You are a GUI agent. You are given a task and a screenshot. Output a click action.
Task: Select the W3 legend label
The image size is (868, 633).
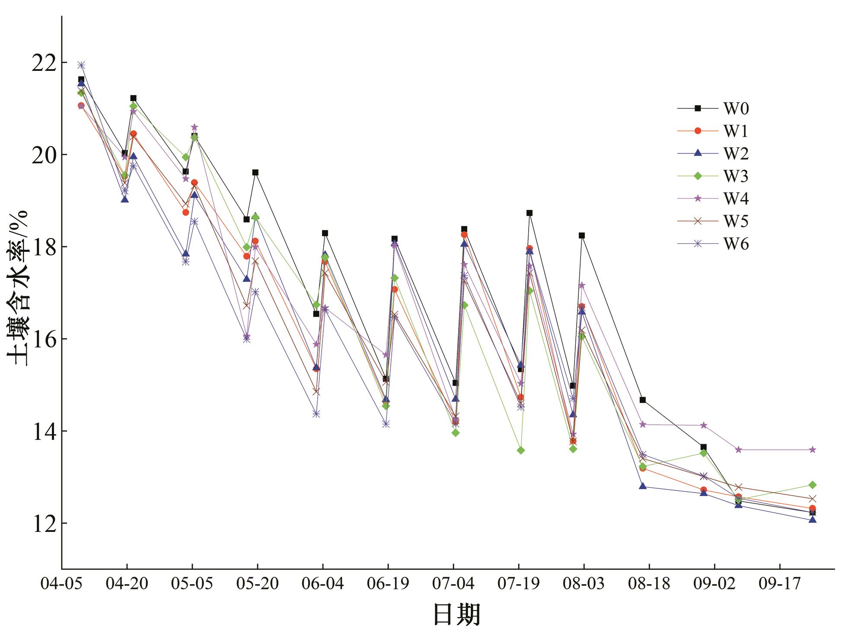tap(736, 176)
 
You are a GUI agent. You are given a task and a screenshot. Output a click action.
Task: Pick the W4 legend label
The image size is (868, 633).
tap(736, 199)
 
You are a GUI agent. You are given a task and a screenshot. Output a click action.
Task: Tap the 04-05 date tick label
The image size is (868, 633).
tap(61, 584)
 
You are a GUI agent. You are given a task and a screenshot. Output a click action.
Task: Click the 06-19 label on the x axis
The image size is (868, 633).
tap(388, 584)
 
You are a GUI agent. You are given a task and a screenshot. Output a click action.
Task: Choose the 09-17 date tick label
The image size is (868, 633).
tap(779, 584)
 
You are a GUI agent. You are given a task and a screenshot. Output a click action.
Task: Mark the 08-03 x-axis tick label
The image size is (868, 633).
tap(584, 584)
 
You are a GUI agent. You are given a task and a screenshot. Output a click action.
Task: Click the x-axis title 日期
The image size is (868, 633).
tap(456, 614)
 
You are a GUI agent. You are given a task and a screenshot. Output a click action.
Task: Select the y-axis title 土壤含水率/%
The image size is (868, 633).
tap(18, 288)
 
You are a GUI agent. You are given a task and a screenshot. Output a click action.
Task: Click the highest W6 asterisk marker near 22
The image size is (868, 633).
tap(81, 65)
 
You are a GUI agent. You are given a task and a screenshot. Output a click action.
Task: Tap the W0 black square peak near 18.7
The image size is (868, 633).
tap(529, 213)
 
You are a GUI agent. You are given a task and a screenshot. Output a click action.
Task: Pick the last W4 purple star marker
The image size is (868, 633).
tap(812, 450)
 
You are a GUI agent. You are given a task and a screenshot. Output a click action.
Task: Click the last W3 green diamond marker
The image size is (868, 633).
tap(812, 485)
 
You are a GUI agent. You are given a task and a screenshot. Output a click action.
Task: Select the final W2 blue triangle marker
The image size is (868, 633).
tap(812, 520)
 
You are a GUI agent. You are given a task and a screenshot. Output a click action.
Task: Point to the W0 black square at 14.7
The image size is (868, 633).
tap(643, 400)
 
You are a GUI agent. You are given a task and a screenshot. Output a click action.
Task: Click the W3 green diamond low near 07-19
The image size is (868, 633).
tap(521, 450)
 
